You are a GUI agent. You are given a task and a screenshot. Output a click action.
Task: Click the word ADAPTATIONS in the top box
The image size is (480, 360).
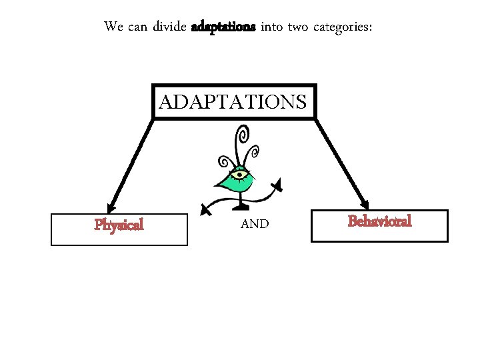(x=233, y=102)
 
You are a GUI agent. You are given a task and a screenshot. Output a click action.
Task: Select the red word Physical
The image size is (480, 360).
(x=119, y=225)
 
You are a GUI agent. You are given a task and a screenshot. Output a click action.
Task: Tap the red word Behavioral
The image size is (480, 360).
(x=379, y=221)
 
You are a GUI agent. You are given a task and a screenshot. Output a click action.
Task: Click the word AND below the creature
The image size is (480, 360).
(x=254, y=225)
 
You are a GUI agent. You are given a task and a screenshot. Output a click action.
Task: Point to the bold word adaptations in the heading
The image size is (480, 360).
(x=223, y=27)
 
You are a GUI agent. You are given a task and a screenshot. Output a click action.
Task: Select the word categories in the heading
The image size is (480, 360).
(x=341, y=27)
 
